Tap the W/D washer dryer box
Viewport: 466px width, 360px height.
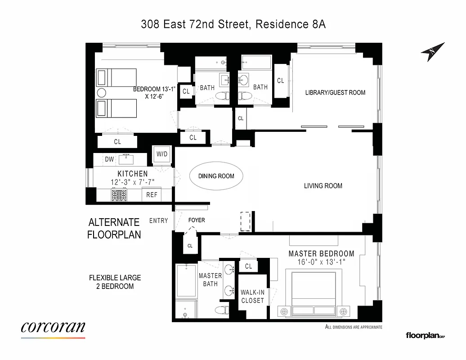(x=162, y=154)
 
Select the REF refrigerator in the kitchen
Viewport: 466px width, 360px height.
(x=152, y=195)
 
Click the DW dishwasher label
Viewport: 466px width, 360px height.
(x=109, y=159)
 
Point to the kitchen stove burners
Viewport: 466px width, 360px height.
(x=120, y=195)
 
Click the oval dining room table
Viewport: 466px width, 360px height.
(x=216, y=176)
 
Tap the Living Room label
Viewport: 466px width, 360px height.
(x=323, y=186)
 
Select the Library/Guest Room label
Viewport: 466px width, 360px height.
(x=335, y=93)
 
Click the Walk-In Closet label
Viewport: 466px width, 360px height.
(x=252, y=297)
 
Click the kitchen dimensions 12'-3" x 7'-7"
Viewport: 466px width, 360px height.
(x=132, y=182)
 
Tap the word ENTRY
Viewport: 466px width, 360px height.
(x=158, y=220)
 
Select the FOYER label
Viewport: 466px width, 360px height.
(x=196, y=220)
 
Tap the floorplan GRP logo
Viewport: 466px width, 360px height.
(x=425, y=335)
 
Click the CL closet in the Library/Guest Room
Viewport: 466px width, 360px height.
(x=281, y=81)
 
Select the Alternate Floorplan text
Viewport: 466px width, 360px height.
(x=114, y=228)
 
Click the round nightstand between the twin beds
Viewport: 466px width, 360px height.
(x=102, y=93)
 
